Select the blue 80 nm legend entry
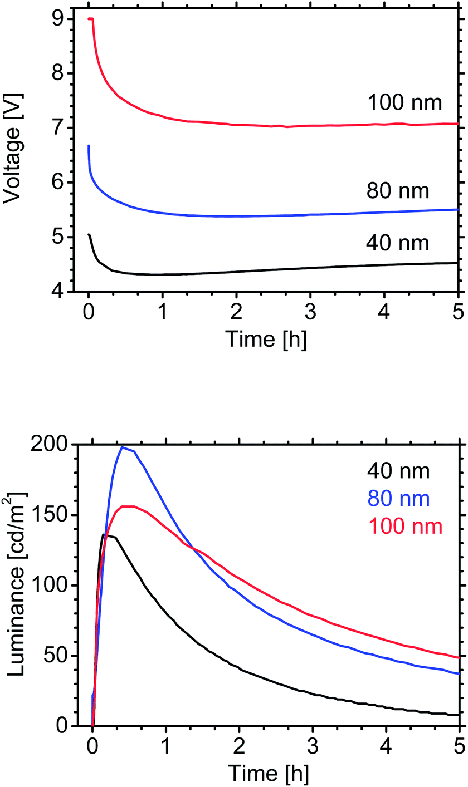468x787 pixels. pos(398,499)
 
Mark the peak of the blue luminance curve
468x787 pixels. pos(121,447)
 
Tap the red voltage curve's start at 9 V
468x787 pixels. pos(89,19)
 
